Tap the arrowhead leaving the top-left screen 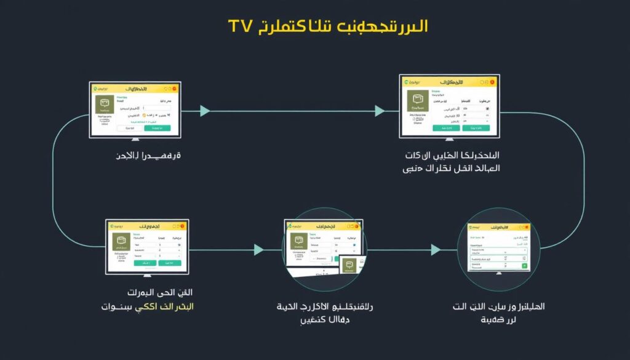coord(205,111)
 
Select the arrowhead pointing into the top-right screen coord(380,111)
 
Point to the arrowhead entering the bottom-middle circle coord(259,249)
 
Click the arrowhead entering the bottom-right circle coord(435,249)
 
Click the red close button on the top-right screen coord(492,81)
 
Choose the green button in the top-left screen coord(156,129)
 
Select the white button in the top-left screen coord(128,129)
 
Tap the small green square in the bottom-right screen coord(524,266)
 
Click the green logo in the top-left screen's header coord(98,89)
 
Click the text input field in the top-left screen coord(157,108)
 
